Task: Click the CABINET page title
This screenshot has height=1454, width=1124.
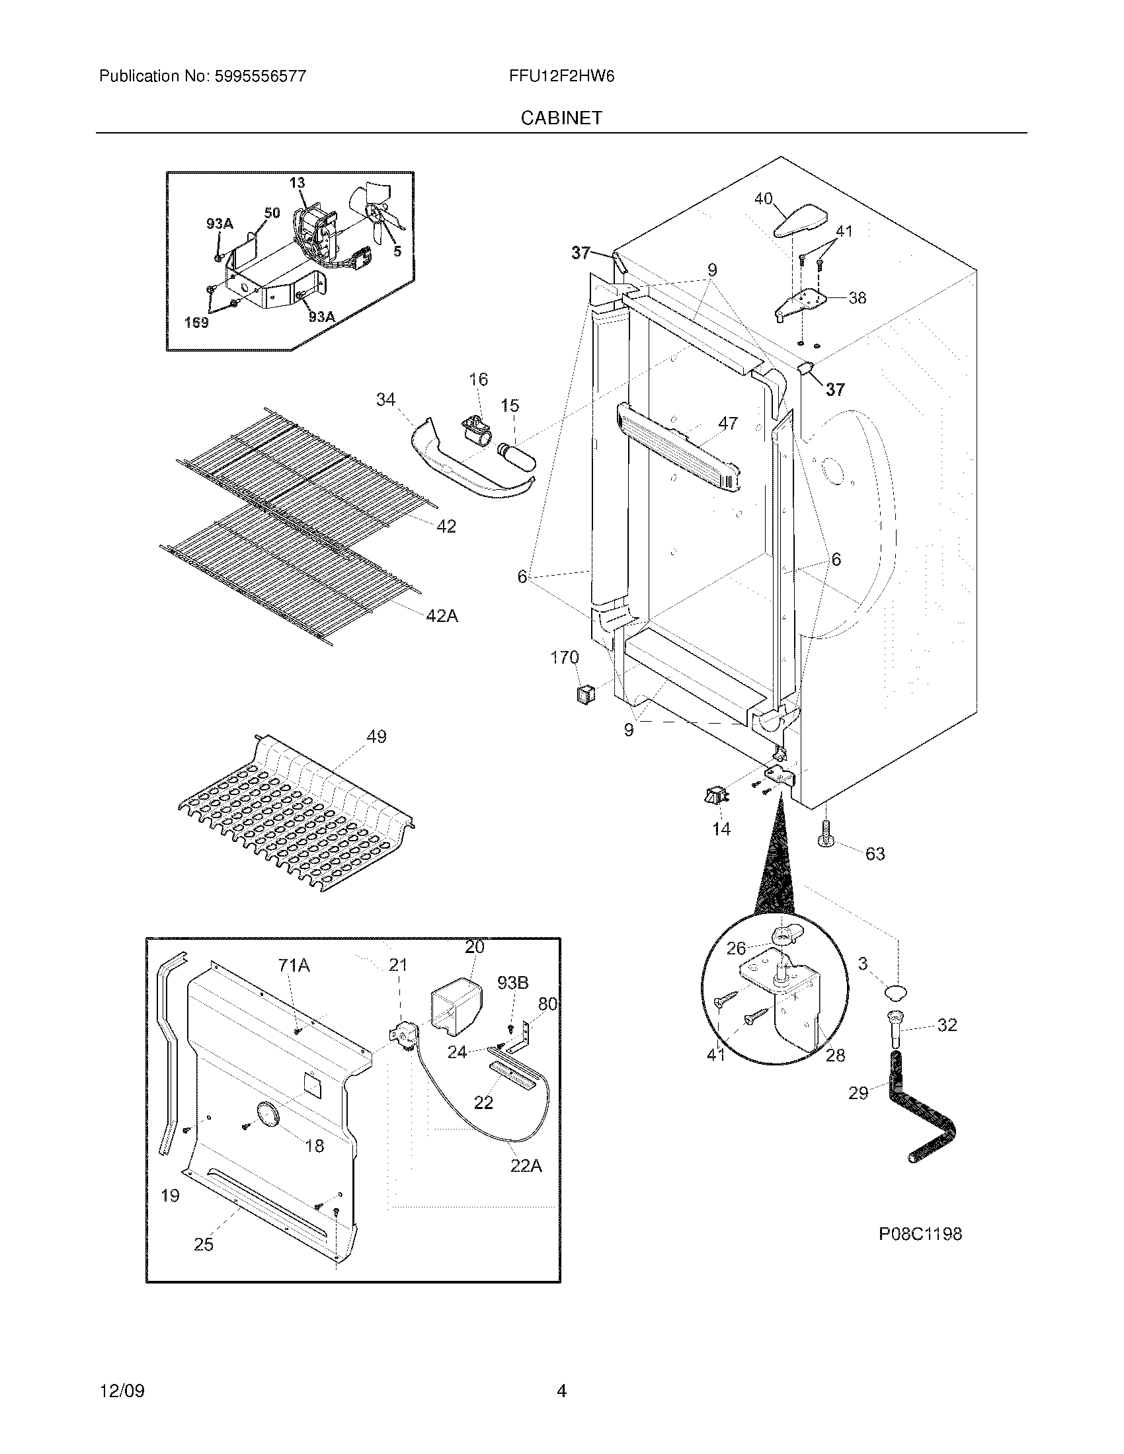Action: tap(561, 118)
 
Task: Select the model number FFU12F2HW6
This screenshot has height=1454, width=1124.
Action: tap(561, 76)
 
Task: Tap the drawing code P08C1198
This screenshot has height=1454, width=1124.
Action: tap(920, 1234)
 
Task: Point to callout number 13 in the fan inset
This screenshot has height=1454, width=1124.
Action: tap(297, 182)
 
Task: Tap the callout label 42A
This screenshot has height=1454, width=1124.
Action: tap(442, 616)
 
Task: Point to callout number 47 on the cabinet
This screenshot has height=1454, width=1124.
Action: tap(728, 423)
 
